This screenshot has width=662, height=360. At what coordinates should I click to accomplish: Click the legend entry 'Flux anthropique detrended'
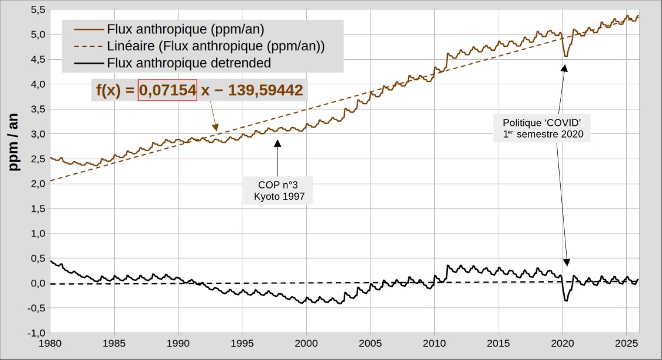(189, 63)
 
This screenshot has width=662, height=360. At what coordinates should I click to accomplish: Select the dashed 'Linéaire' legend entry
(216, 45)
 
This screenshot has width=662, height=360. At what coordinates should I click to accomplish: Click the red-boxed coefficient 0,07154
(167, 90)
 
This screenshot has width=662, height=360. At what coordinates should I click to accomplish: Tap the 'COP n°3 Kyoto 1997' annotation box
(279, 190)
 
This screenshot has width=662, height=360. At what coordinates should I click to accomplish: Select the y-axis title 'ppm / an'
(16, 142)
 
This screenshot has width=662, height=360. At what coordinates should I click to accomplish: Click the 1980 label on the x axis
(51, 342)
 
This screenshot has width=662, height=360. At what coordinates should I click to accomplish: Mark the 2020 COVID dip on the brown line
(565, 56)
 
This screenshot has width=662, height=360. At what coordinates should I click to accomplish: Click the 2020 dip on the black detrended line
(566, 300)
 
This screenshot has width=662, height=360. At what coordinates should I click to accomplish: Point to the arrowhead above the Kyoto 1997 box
(278, 141)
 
